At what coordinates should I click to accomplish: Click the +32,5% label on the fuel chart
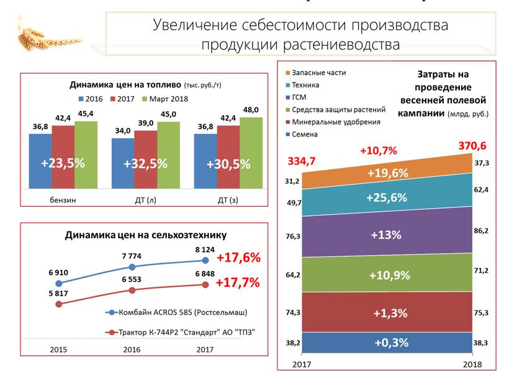click(145, 164)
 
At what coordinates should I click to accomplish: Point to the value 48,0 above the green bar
click(251, 110)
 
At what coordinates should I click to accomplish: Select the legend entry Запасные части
click(318, 73)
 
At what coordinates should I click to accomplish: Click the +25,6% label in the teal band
click(387, 198)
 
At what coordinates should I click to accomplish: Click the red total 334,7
click(302, 161)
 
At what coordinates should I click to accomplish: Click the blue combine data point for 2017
click(205, 261)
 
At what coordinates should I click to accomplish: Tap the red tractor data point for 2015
click(59, 304)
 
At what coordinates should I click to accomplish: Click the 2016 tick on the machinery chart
click(132, 350)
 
